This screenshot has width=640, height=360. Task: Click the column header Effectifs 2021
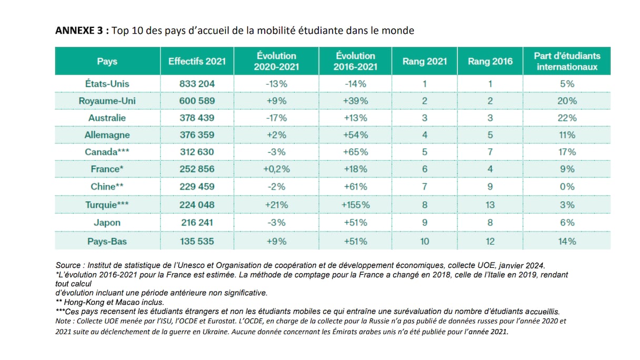(197, 61)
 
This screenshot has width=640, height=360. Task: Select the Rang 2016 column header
(490, 61)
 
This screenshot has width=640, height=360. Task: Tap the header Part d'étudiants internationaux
(567, 61)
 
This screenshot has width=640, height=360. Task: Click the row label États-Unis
(107, 84)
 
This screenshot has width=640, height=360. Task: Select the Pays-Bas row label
(107, 242)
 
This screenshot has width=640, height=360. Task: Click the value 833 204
(197, 84)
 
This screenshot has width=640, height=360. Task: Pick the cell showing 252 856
(197, 169)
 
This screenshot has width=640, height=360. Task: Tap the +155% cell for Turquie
(355, 205)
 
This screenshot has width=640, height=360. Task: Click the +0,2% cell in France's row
(276, 169)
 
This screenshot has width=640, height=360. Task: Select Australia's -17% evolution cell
(276, 118)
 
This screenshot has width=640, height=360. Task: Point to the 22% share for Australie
(567, 118)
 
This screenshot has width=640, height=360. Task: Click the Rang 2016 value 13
(490, 205)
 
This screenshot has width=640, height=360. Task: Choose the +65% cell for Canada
(355, 152)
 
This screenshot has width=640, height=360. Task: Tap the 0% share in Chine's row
(567, 187)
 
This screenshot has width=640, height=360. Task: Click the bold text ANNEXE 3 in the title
(79, 31)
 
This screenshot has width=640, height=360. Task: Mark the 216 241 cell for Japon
(197, 223)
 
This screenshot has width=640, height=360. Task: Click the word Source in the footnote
(68, 265)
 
